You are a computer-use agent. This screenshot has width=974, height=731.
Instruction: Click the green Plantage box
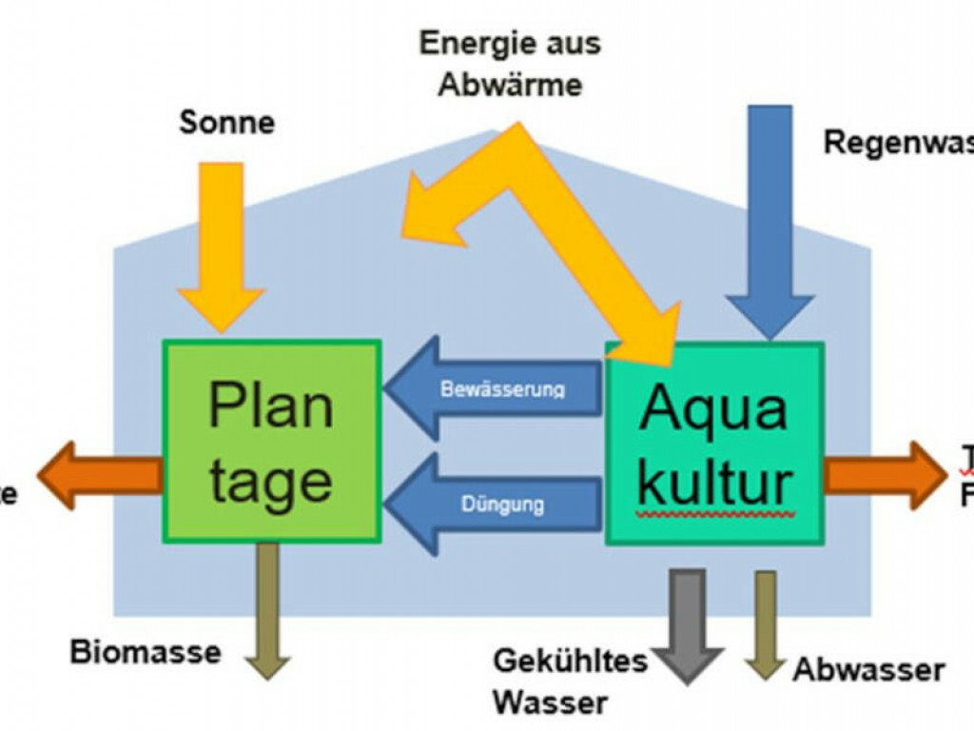[x=272, y=441]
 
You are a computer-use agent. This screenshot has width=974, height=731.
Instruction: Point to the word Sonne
[x=226, y=123]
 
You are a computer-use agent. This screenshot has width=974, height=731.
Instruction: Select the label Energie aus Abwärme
[x=510, y=63]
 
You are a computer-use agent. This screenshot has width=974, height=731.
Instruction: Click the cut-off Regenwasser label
[x=898, y=142]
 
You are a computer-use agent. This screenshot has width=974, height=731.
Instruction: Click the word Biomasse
[x=146, y=652]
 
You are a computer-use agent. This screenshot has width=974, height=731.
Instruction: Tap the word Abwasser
[x=868, y=670]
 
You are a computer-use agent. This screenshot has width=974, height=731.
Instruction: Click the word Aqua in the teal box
[x=713, y=408]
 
